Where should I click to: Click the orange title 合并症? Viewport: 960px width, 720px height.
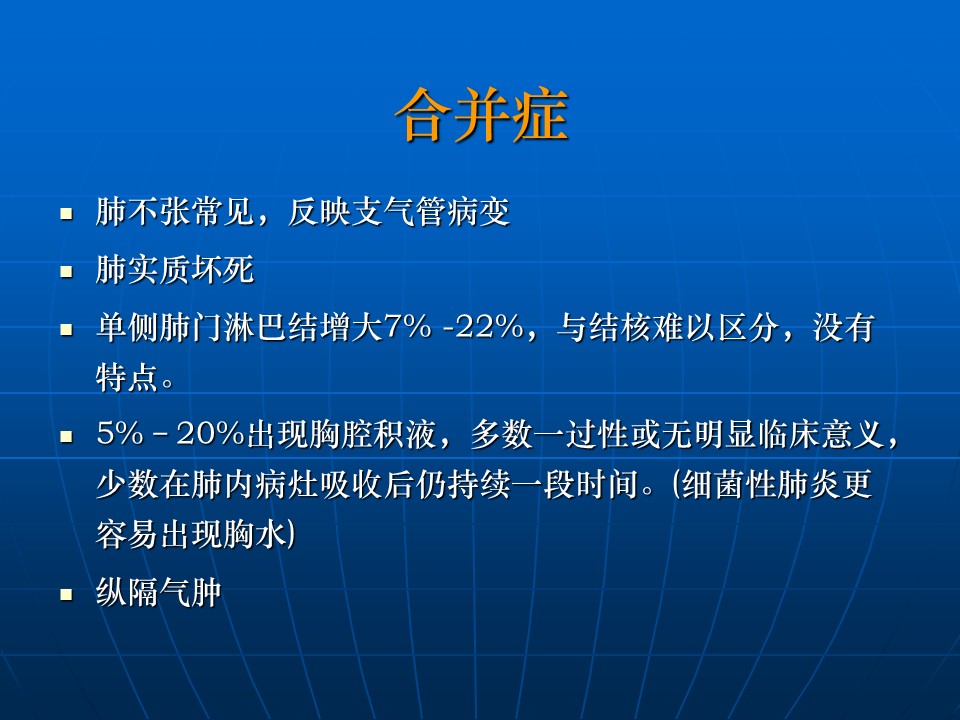coord(482,115)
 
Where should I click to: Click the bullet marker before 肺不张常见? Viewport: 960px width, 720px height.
coord(66,214)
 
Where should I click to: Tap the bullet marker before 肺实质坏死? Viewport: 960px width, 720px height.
coord(66,271)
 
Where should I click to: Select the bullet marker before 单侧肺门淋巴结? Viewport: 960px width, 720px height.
coord(66,329)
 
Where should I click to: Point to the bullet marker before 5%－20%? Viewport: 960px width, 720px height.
coord(66,436)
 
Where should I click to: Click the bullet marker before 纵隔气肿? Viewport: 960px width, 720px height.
coord(66,594)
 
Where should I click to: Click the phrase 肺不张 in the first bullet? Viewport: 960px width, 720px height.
coord(143,212)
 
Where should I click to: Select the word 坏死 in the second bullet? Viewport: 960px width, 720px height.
coord(223,269)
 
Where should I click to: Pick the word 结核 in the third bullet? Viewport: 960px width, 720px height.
coord(620,327)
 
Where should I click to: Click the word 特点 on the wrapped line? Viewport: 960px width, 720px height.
coord(127,377)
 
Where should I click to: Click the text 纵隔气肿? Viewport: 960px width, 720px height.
coord(159,592)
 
